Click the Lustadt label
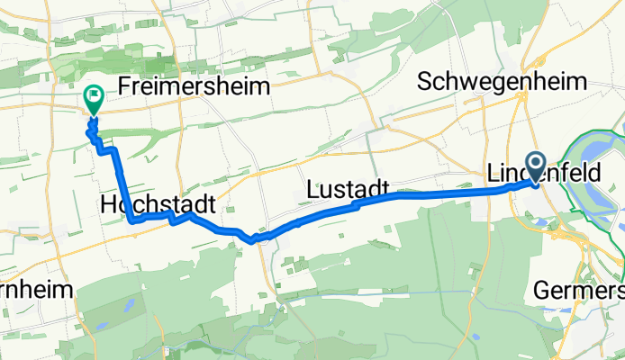click(347, 189)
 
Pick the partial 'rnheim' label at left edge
click(31, 292)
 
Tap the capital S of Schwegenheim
click(426, 82)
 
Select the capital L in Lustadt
click(312, 189)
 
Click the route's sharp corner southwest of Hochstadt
click(132, 220)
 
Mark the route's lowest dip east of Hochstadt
click(256, 239)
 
